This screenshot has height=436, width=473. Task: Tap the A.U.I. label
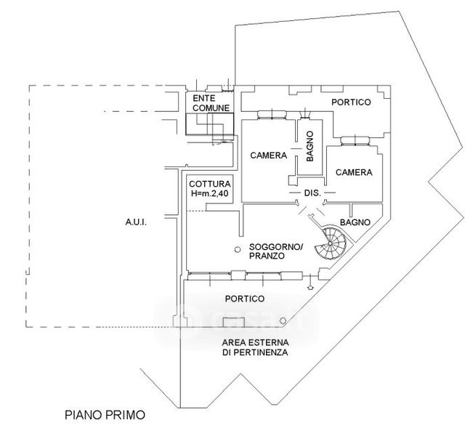click(x=137, y=223)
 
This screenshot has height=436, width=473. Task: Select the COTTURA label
click(x=209, y=184)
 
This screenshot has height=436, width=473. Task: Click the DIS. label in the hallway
click(x=312, y=193)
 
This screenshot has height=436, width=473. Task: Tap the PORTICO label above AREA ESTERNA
click(x=244, y=299)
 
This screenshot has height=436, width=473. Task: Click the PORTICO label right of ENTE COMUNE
click(x=351, y=102)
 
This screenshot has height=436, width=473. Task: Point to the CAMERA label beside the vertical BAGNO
click(x=268, y=156)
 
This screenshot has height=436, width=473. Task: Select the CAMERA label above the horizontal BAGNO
click(x=353, y=173)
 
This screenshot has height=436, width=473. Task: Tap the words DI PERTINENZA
click(x=255, y=352)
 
